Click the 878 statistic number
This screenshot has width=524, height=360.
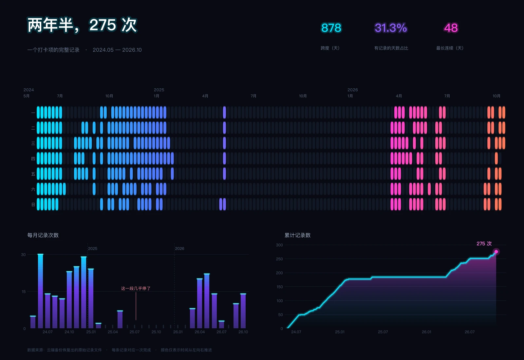click(x=331, y=28)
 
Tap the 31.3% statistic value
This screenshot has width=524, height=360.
click(x=391, y=28)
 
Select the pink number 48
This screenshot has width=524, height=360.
click(x=451, y=28)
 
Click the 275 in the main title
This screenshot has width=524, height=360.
click(x=103, y=25)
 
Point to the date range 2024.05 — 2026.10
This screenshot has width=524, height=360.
click(x=117, y=50)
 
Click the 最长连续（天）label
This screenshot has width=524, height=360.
click(x=450, y=48)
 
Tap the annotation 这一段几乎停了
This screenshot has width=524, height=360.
click(x=136, y=288)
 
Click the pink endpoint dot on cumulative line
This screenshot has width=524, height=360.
click(x=496, y=252)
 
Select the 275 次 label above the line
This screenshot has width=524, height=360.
click(x=484, y=243)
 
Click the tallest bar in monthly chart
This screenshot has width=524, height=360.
click(x=41, y=291)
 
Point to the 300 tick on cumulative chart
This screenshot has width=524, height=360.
click(x=279, y=245)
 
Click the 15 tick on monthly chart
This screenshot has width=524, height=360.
click(x=24, y=292)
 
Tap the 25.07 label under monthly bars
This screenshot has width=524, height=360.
click(x=135, y=332)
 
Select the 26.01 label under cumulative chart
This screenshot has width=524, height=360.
click(x=426, y=332)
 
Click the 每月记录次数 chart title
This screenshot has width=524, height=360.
click(x=43, y=235)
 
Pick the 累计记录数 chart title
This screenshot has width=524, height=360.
click(x=298, y=235)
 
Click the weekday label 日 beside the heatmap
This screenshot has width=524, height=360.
click(x=33, y=205)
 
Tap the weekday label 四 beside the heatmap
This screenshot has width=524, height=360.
click(x=33, y=159)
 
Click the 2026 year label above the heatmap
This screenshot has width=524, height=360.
click(x=352, y=90)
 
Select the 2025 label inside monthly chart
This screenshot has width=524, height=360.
click(x=93, y=248)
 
